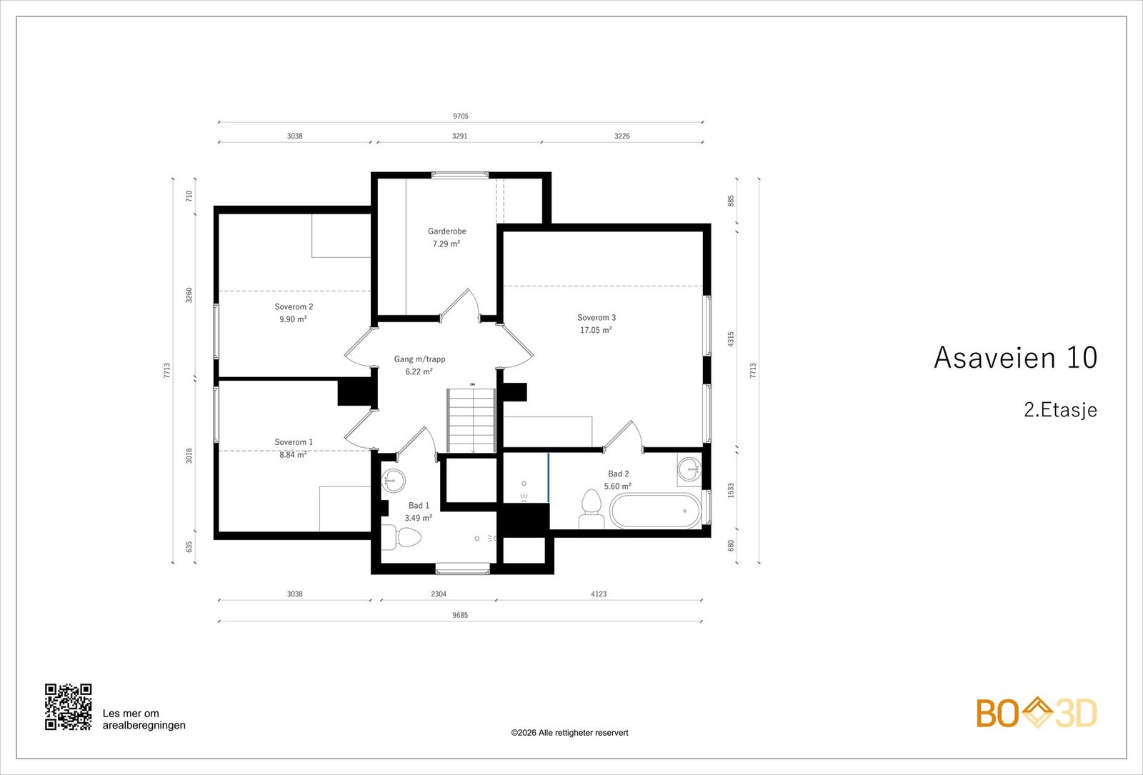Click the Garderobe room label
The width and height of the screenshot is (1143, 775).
point(447,231)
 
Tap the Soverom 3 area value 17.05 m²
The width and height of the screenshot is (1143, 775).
point(596,330)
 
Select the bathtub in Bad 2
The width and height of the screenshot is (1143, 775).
point(656,511)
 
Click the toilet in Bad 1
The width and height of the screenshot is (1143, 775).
point(401,537)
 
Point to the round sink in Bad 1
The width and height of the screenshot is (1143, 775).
point(393,481)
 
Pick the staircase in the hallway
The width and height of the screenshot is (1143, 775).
point(471,421)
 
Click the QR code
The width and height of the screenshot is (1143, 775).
point(69,706)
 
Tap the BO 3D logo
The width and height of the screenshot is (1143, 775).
point(1037,713)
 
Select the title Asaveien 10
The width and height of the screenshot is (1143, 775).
point(1015,358)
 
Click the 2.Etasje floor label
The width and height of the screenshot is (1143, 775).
point(1060,410)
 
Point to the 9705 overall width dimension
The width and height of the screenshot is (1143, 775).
point(461,116)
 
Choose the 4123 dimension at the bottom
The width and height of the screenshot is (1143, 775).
point(599,594)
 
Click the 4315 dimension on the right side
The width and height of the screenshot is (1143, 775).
point(731,339)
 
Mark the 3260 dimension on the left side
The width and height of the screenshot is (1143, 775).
point(189,295)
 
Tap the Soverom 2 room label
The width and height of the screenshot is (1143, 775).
point(294,306)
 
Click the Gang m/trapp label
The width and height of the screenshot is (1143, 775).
point(419,359)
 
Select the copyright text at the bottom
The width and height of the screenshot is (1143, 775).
point(569,733)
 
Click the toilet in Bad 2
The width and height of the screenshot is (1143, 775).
point(592,509)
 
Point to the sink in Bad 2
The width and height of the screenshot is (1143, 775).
point(690,469)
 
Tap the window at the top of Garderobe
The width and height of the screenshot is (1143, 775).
point(460,175)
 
